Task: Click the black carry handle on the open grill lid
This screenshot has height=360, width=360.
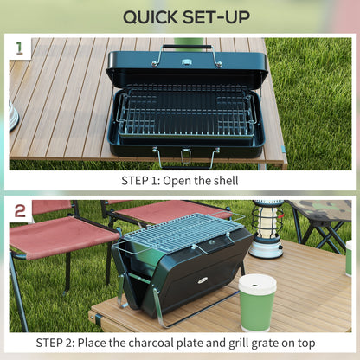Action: pyautogui.click(x=186, y=46)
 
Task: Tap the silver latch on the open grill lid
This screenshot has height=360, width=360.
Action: pyautogui.click(x=186, y=62)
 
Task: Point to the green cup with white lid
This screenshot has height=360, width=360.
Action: pyautogui.click(x=257, y=301)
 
